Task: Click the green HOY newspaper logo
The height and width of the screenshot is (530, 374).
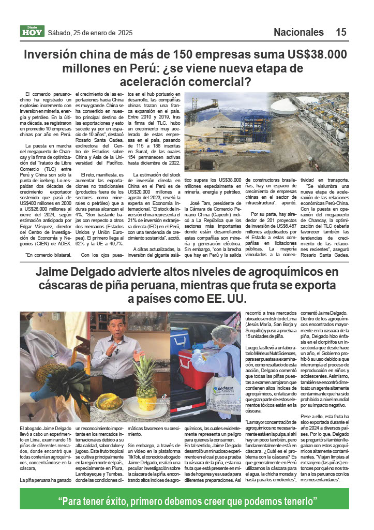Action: coord(33,32)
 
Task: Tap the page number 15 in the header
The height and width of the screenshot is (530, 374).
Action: coord(341,32)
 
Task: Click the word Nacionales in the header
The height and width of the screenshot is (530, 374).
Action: coord(298,32)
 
